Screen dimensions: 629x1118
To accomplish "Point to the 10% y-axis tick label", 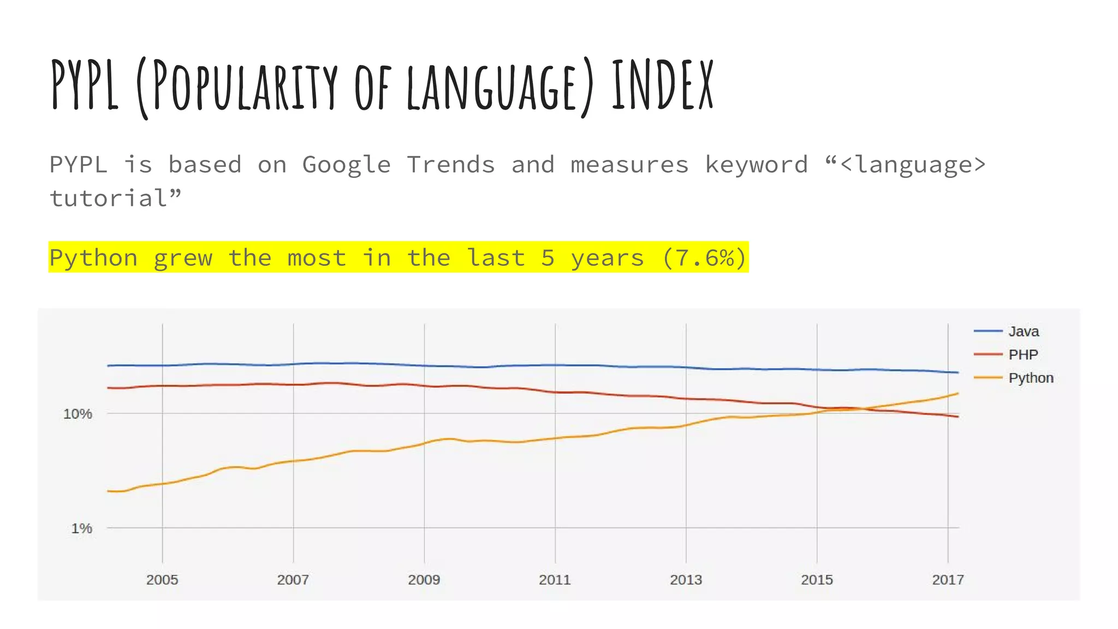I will click(x=78, y=414).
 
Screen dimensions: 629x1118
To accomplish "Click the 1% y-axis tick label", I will click(x=81, y=529).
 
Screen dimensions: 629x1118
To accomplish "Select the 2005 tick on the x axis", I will click(x=162, y=580).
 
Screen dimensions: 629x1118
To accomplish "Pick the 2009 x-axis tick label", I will click(x=424, y=580).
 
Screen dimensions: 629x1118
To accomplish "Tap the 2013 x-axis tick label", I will click(x=686, y=580).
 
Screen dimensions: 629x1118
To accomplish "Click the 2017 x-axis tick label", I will click(x=948, y=580).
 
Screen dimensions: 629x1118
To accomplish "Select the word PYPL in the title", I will click(x=85, y=85).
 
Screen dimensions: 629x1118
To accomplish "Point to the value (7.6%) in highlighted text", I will click(x=704, y=258).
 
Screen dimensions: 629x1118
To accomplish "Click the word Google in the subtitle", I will click(x=347, y=165).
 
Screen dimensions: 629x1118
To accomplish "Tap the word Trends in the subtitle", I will click(x=451, y=165).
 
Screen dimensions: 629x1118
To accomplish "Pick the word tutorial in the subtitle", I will click(x=109, y=198).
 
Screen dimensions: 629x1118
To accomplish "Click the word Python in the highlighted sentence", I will click(x=93, y=258).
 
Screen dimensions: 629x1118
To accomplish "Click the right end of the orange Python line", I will click(x=958, y=394).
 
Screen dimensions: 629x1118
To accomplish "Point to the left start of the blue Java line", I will click(x=109, y=365).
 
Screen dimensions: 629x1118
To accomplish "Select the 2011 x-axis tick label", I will click(x=555, y=580).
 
